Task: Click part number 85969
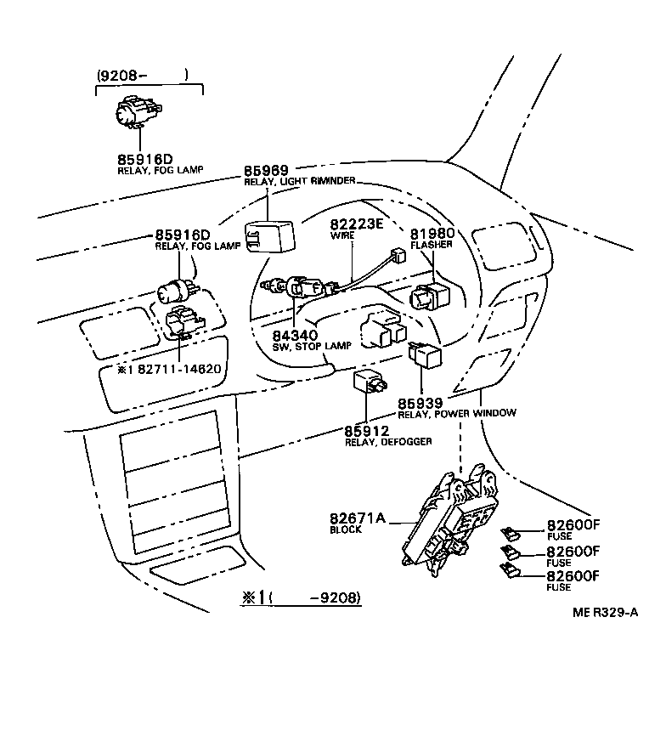(x=266, y=170)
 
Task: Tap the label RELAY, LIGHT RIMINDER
(x=299, y=181)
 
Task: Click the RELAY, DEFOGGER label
(x=388, y=441)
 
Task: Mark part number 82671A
(x=357, y=518)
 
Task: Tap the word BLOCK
(x=345, y=529)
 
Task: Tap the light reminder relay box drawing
(x=269, y=236)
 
